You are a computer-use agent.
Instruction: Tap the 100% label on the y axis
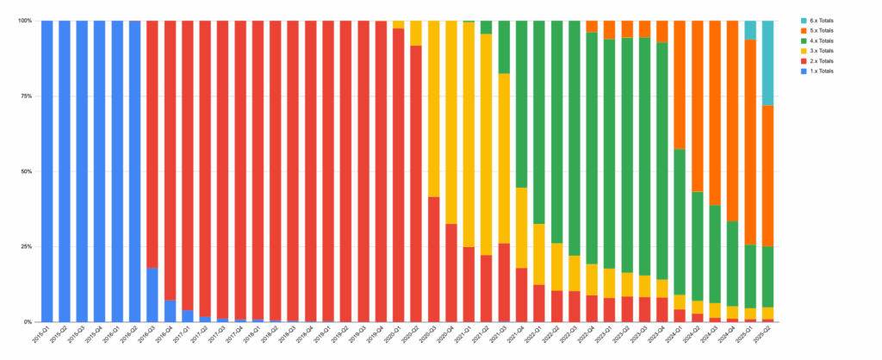24,21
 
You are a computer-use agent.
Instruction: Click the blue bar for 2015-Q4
100,172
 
